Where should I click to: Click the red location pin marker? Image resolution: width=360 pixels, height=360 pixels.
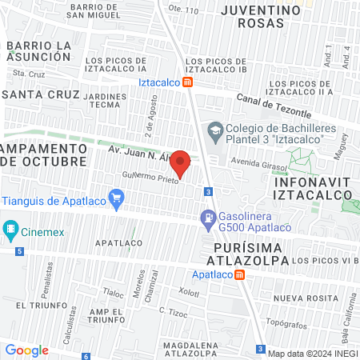[181, 164]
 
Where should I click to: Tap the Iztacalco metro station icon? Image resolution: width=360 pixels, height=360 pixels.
[187, 82]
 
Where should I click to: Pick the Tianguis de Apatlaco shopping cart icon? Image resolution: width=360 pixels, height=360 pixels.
[117, 197]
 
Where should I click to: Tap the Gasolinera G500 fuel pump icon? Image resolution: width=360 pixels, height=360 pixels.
[207, 216]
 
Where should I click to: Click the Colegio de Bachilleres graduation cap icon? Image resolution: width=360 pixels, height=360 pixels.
[214, 129]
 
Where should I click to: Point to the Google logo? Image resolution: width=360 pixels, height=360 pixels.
[26, 350]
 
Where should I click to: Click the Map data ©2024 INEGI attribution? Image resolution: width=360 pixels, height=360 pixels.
[312, 353]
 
